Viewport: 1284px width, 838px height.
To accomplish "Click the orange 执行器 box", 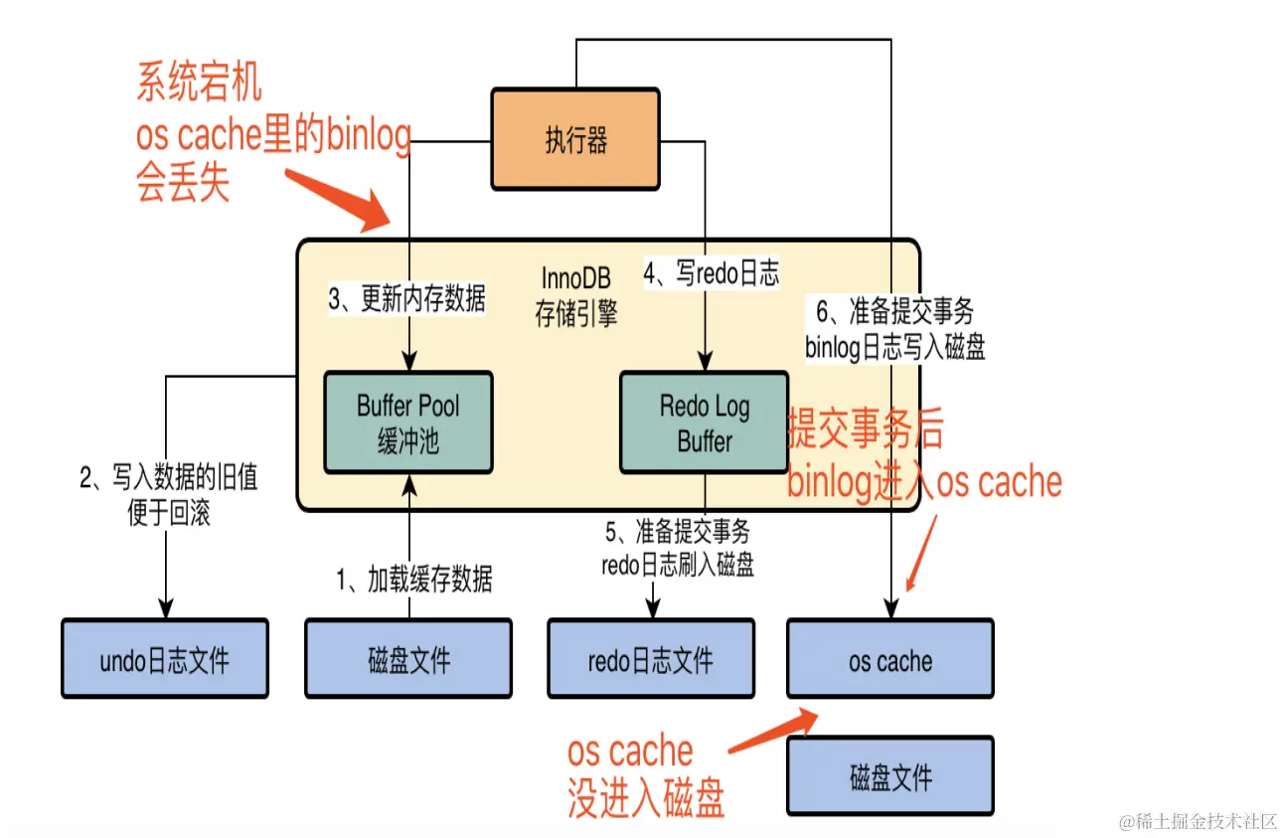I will click(575, 139).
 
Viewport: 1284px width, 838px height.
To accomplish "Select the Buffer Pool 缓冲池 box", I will click(408, 421).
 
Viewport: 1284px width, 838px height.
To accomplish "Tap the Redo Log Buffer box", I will click(704, 421).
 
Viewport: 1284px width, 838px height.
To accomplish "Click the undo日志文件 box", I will click(165, 659).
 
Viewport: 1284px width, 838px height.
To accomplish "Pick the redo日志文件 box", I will click(651, 659).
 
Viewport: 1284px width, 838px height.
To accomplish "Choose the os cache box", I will click(889, 659).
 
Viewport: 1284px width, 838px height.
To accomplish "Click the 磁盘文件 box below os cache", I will click(889, 776).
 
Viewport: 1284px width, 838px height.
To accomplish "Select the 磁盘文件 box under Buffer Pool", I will click(408, 659).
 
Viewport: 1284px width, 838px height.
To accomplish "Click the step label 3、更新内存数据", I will click(407, 299).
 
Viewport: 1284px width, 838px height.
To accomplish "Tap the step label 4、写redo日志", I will click(712, 273).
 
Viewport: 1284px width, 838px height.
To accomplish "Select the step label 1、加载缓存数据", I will click(414, 579).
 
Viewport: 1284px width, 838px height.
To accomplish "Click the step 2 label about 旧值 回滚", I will click(168, 495).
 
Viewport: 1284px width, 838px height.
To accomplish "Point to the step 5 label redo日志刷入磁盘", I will click(678, 549).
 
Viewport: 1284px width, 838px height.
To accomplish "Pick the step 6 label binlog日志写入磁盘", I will click(894, 330).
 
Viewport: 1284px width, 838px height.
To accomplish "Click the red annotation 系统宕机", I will click(199, 84).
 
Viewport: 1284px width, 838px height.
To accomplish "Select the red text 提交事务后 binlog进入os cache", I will click(924, 457).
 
